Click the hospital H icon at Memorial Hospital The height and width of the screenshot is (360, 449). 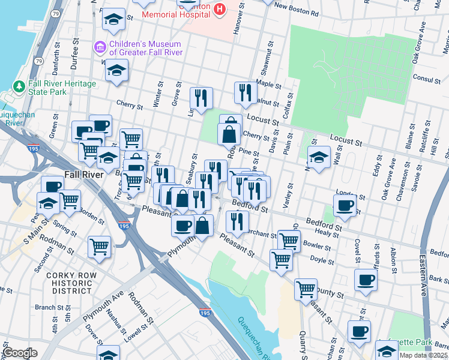219,9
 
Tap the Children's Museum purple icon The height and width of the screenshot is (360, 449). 100,47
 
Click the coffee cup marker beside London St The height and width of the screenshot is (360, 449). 345,205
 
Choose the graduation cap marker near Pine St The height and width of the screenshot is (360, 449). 319,157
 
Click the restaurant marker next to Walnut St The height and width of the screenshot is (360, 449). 245,92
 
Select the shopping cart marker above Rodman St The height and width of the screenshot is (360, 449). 100,246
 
